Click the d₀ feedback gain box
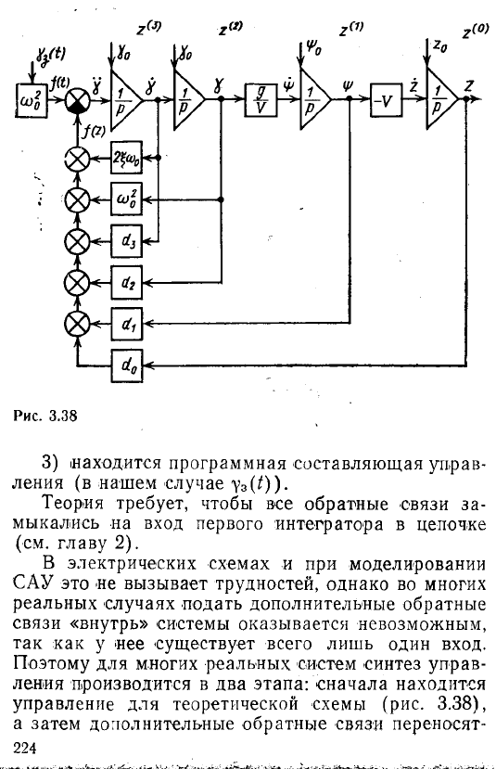[127, 365]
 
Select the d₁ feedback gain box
[127, 324]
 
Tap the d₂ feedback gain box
[127, 283]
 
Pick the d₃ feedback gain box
[127, 241]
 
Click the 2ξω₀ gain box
[127, 158]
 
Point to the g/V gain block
[261, 100]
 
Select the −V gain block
[386, 100]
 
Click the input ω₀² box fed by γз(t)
[32, 100]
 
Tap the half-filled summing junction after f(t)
[78, 100]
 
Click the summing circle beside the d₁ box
[78, 324]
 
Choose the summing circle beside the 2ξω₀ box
[78, 158]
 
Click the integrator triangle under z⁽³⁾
[126, 99]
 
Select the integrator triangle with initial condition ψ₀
[315, 99]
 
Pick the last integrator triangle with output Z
[441, 99]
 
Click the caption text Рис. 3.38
[45, 416]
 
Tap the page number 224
[25, 748]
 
